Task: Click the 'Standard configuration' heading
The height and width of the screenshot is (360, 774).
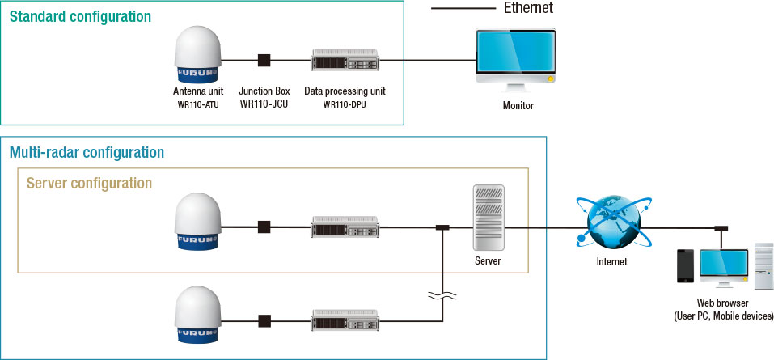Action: (x=80, y=16)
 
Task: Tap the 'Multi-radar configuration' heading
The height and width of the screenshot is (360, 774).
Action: (x=87, y=152)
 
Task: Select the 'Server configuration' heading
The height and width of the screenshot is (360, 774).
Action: (x=89, y=184)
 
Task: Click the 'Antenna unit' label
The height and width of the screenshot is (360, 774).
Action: (x=198, y=91)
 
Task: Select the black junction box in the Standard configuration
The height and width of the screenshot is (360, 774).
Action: (x=264, y=60)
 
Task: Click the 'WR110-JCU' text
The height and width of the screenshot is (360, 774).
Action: (x=264, y=104)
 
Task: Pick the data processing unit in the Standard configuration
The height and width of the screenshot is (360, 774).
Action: (x=345, y=60)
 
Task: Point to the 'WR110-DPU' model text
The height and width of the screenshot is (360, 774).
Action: (x=345, y=104)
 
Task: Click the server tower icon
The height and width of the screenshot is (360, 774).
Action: (x=489, y=218)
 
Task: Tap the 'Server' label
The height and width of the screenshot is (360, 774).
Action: (x=489, y=262)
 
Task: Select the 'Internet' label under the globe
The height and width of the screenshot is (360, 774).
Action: (x=611, y=262)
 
